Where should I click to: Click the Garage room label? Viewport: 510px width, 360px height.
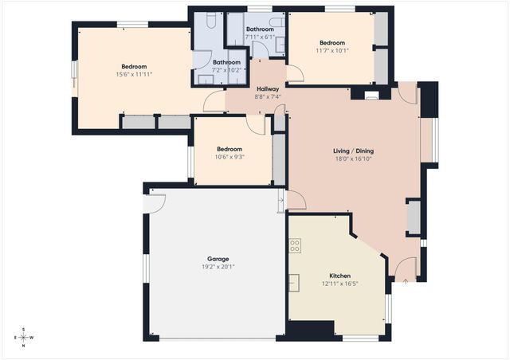(x=218, y=259)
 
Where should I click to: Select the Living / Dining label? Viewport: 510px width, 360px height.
(x=353, y=151)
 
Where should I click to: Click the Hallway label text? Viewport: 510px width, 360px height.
(x=268, y=89)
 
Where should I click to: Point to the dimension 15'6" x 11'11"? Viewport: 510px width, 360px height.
(x=134, y=74)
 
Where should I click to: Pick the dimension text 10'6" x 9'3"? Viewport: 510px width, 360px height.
(x=229, y=157)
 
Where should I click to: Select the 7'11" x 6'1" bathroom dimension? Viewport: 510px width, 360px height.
(x=261, y=37)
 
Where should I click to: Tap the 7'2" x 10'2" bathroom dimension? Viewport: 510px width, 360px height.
(x=226, y=70)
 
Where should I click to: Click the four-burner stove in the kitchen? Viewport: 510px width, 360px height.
(x=295, y=246)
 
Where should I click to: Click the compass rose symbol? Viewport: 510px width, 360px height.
(x=24, y=336)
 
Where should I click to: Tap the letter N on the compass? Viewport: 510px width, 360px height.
(x=24, y=346)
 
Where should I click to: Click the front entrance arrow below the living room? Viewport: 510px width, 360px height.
(x=405, y=280)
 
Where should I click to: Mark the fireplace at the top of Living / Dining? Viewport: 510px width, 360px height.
(x=370, y=94)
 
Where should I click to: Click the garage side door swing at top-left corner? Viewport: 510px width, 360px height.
(x=153, y=202)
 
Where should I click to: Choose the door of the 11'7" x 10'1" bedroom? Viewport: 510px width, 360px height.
(x=294, y=75)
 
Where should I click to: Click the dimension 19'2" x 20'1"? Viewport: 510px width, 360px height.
(x=218, y=267)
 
